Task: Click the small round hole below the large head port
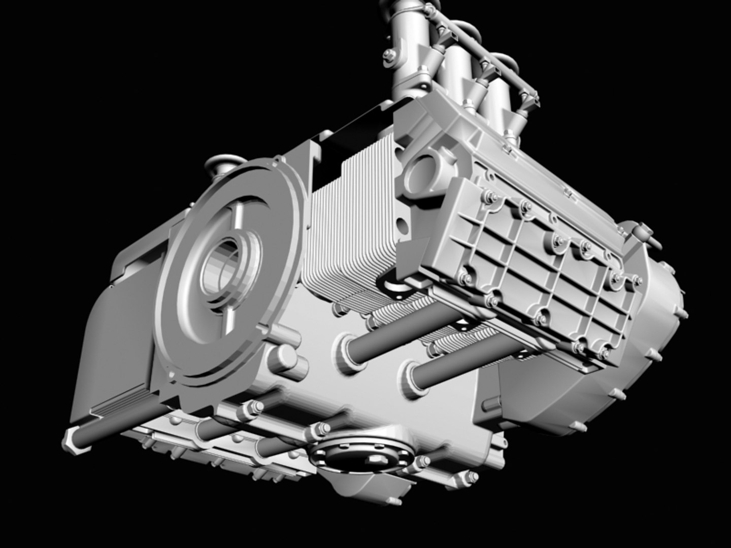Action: [x=403, y=224]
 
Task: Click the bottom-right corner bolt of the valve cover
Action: [x=604, y=350]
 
